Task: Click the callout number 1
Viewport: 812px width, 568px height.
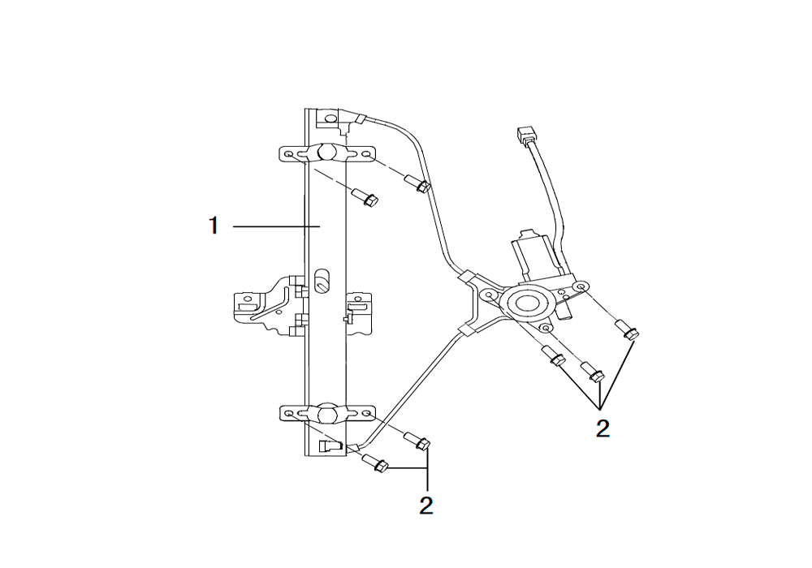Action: tap(214, 226)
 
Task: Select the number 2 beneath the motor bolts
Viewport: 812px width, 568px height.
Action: tap(603, 429)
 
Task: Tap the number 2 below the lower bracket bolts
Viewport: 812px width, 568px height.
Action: tap(425, 506)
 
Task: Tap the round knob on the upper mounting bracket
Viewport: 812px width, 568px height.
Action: tap(326, 152)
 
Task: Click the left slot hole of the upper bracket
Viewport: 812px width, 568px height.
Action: tap(289, 155)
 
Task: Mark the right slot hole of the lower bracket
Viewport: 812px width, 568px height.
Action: tap(366, 414)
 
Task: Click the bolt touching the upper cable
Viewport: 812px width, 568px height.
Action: tap(418, 184)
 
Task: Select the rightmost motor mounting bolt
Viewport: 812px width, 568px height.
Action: tap(627, 330)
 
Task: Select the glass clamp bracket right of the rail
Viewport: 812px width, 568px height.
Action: tap(358, 313)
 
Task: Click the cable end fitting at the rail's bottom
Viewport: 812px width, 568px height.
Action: tap(331, 446)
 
